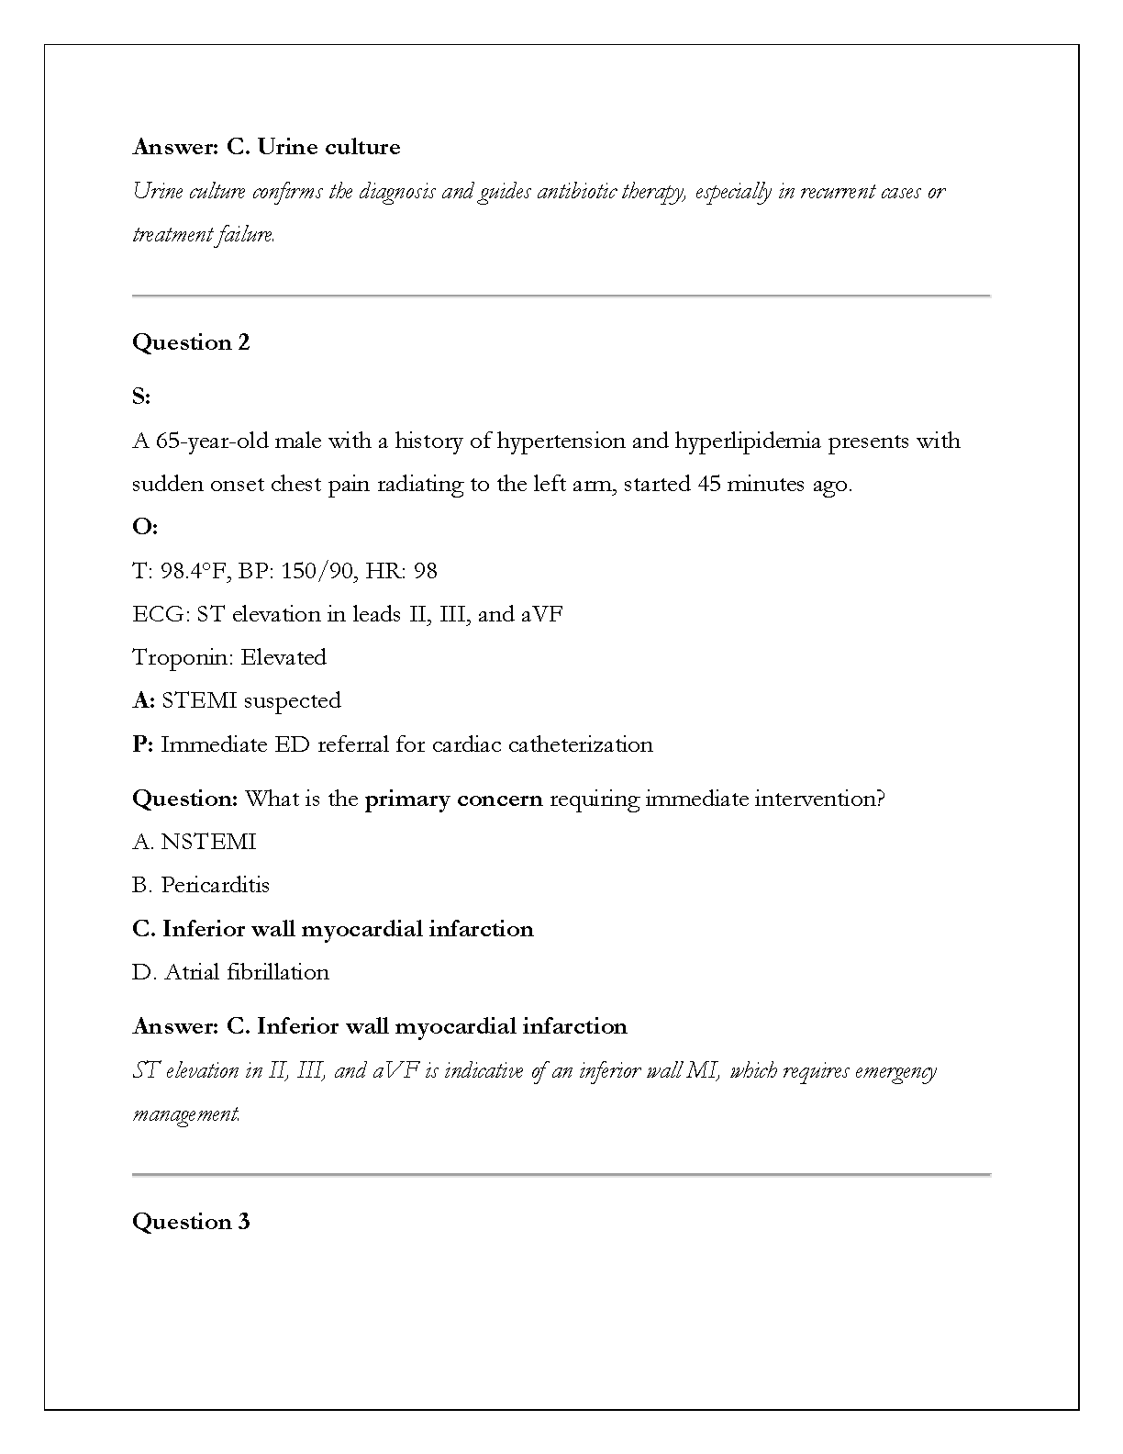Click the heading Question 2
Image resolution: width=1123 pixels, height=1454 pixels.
coord(191,342)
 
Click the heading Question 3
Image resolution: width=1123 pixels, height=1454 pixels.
coord(191,1222)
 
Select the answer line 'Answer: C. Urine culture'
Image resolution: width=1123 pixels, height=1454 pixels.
coord(266,147)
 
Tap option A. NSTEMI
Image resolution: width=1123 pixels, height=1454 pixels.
coord(195,842)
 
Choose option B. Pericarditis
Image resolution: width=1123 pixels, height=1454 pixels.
coord(201,885)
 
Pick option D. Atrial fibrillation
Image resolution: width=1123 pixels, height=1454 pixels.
coord(230,972)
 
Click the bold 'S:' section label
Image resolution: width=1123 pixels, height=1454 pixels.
coord(141,397)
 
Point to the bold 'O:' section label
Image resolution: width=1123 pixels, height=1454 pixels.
coord(145,527)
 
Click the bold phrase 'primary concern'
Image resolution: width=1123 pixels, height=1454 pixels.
coord(453,799)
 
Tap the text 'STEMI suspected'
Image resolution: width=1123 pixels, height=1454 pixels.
coord(251,700)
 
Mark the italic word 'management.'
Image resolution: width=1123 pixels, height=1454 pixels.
coord(186,1114)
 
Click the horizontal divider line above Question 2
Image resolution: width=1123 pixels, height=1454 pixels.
coord(561,296)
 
